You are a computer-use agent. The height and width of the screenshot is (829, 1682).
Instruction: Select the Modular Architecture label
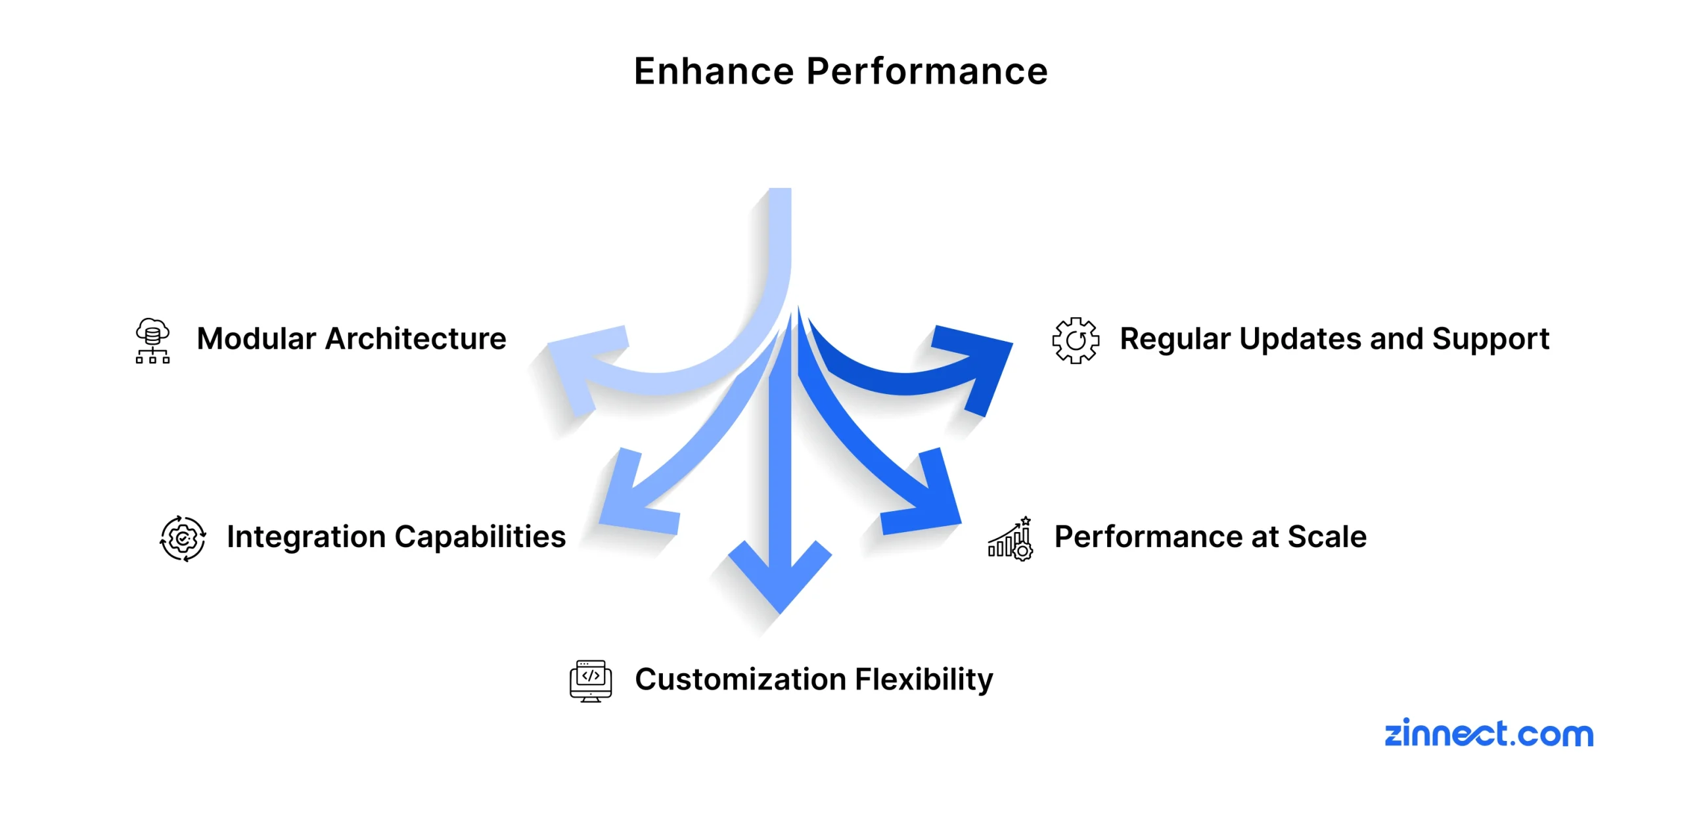(352, 339)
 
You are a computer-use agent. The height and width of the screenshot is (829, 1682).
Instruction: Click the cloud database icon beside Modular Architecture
(152, 340)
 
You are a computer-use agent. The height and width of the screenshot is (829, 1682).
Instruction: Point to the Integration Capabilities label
(396, 537)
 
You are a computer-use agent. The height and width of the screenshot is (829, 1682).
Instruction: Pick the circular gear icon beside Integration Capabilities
(183, 539)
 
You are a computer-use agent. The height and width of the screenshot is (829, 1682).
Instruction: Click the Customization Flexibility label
(813, 679)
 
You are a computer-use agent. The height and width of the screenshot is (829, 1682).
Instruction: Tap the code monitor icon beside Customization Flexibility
(590, 681)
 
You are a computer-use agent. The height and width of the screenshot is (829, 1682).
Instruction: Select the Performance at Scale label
(1210, 537)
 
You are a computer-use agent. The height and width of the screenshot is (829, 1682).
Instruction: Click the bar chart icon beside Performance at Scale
(1011, 539)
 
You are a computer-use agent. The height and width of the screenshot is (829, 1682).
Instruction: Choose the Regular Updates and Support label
(1334, 339)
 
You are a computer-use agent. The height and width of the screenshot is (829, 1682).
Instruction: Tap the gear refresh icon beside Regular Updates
(1075, 340)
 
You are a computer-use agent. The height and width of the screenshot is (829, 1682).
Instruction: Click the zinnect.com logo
(1489, 733)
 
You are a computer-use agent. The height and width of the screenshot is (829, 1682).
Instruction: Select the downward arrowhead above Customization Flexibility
(780, 578)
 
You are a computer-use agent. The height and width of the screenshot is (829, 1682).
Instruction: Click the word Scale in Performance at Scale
(1327, 537)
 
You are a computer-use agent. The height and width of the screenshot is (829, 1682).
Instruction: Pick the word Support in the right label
(1490, 339)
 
